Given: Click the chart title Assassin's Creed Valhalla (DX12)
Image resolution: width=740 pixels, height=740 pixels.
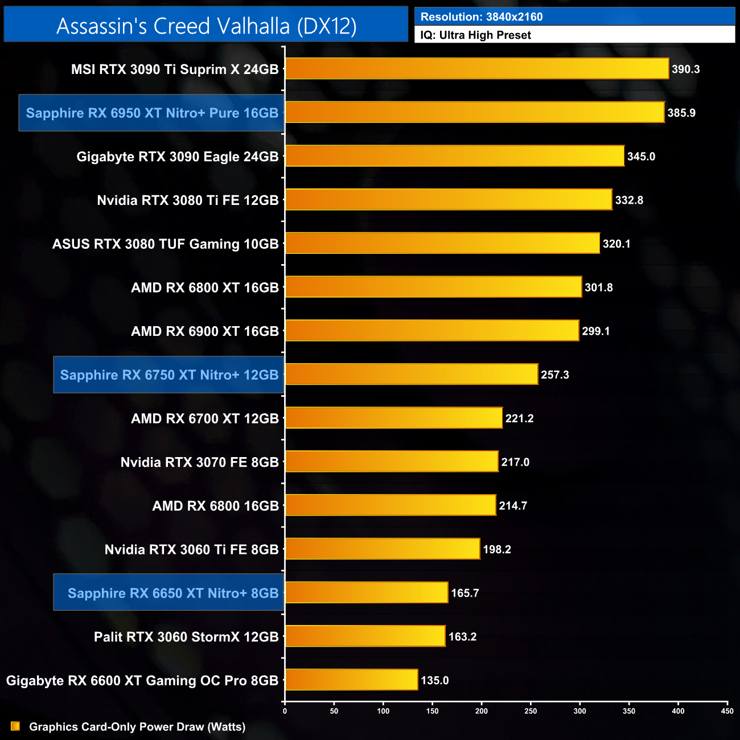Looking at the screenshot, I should click(206, 26).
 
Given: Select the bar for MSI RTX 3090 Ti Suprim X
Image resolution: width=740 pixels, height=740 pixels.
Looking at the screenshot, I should click(476, 69).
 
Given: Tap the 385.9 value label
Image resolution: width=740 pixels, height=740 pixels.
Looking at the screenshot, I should click(681, 113).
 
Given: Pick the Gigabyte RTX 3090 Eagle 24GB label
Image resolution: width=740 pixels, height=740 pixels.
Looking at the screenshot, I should click(178, 157).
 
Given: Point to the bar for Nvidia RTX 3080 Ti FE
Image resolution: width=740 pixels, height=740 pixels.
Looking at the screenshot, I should click(449, 200).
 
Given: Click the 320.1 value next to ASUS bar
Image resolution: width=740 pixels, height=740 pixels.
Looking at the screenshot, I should click(616, 244).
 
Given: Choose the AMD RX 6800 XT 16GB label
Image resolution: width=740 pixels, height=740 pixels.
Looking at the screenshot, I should click(205, 287).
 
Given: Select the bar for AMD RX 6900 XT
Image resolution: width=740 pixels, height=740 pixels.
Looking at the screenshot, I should click(432, 331).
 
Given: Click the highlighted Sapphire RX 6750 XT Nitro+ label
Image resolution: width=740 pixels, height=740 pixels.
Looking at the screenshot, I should click(169, 375).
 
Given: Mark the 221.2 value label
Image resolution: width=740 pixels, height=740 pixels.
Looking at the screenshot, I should click(519, 418).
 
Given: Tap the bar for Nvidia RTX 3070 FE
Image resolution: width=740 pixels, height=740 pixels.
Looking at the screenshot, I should click(392, 462).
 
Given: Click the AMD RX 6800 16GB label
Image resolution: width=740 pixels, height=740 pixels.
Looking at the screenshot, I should click(216, 505).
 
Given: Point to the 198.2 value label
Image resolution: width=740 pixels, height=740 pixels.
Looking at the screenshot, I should click(497, 549).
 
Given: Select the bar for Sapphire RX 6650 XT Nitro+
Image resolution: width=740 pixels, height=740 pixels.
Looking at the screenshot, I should click(367, 593).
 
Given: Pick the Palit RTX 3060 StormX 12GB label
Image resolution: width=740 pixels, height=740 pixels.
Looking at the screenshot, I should click(186, 636).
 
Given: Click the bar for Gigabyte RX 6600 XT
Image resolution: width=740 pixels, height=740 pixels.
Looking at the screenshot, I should click(351, 680).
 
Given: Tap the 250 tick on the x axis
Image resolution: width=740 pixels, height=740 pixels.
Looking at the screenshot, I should click(531, 710).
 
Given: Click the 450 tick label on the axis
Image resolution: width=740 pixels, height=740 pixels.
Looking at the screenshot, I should click(727, 710).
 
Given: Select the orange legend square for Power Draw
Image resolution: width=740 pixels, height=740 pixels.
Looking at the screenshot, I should click(15, 726).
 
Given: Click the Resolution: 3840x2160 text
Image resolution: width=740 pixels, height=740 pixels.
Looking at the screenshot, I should click(482, 17).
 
